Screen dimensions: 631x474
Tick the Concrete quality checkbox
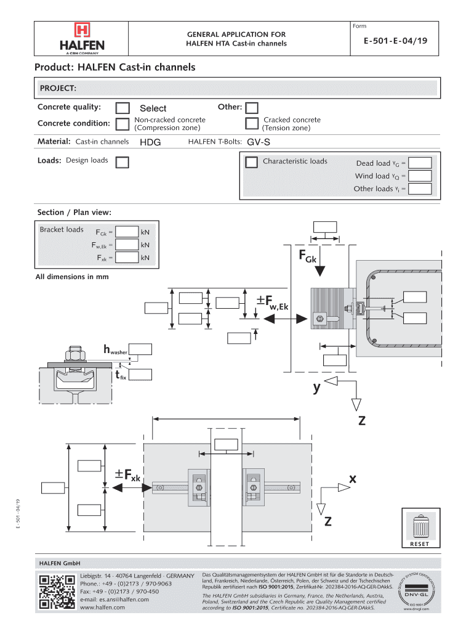pos(123,108)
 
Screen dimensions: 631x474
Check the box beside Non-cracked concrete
pos(123,123)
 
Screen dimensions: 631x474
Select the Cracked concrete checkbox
pos(251,123)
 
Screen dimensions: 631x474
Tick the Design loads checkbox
pos(123,162)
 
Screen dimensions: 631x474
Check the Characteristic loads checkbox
pos(251,162)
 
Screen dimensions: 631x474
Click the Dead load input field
pos(421,163)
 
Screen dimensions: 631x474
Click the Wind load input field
pos(421,176)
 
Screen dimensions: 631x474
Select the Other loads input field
pos(421,189)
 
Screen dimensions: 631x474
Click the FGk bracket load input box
pos(127,232)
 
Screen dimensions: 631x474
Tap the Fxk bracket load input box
pos(127,258)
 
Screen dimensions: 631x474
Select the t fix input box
pos(140,373)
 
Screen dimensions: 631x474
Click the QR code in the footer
pos(56,592)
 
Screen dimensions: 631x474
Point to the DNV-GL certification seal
pos(413,592)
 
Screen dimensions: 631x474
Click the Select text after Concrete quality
pos(153,108)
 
